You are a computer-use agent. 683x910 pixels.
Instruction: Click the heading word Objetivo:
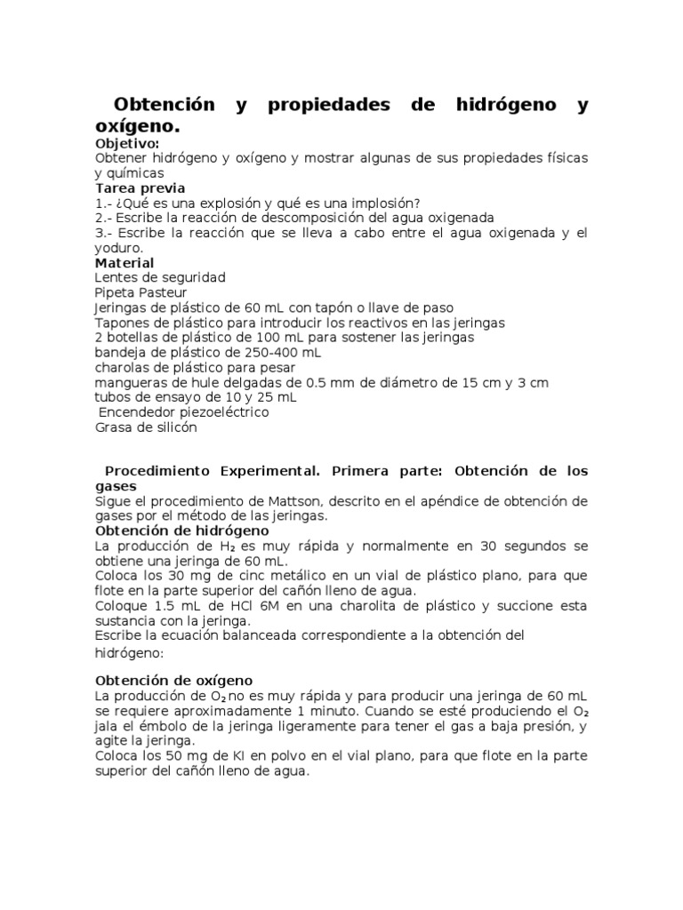click(127, 143)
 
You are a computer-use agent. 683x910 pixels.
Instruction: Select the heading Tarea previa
click(140, 188)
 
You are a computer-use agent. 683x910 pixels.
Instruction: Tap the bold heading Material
click(125, 263)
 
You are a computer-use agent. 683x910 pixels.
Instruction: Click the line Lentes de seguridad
click(160, 277)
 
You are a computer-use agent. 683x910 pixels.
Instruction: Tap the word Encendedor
click(142, 412)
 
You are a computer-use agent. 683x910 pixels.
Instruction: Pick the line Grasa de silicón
click(146, 427)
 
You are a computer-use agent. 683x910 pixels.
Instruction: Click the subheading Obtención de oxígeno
click(173, 680)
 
